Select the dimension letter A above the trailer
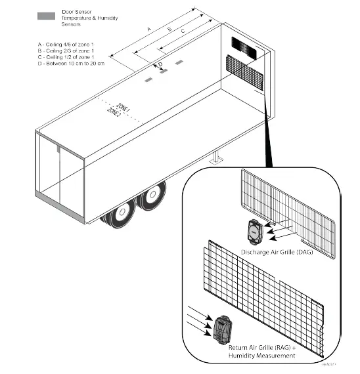pos(149,30)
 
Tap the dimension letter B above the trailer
pos(169,30)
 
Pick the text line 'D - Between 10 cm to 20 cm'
pos(72,64)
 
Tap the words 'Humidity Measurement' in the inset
pos(265,355)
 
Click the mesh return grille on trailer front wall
pos(244,72)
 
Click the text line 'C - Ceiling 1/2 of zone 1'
pos(69,58)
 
